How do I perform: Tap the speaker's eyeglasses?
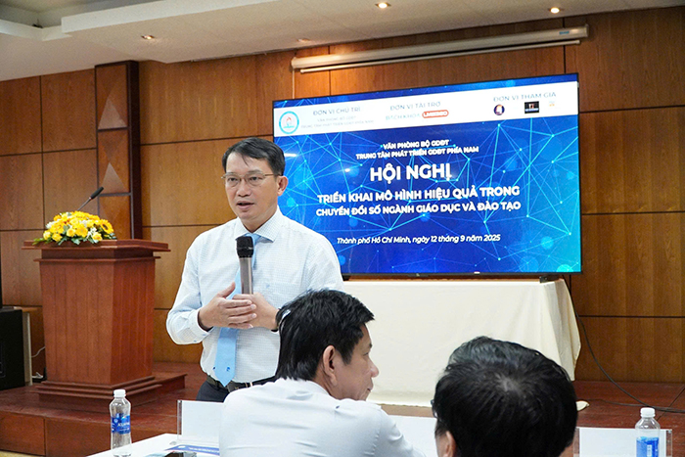[249, 179]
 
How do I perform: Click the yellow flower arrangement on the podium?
[76, 229]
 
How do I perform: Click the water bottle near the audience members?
[647, 432]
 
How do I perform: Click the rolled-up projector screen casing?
[439, 49]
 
